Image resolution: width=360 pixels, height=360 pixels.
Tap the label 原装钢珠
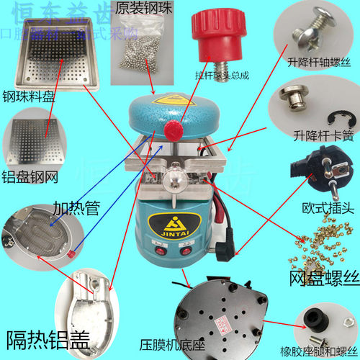pos(133,8)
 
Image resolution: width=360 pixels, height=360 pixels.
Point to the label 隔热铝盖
pos(48,338)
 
